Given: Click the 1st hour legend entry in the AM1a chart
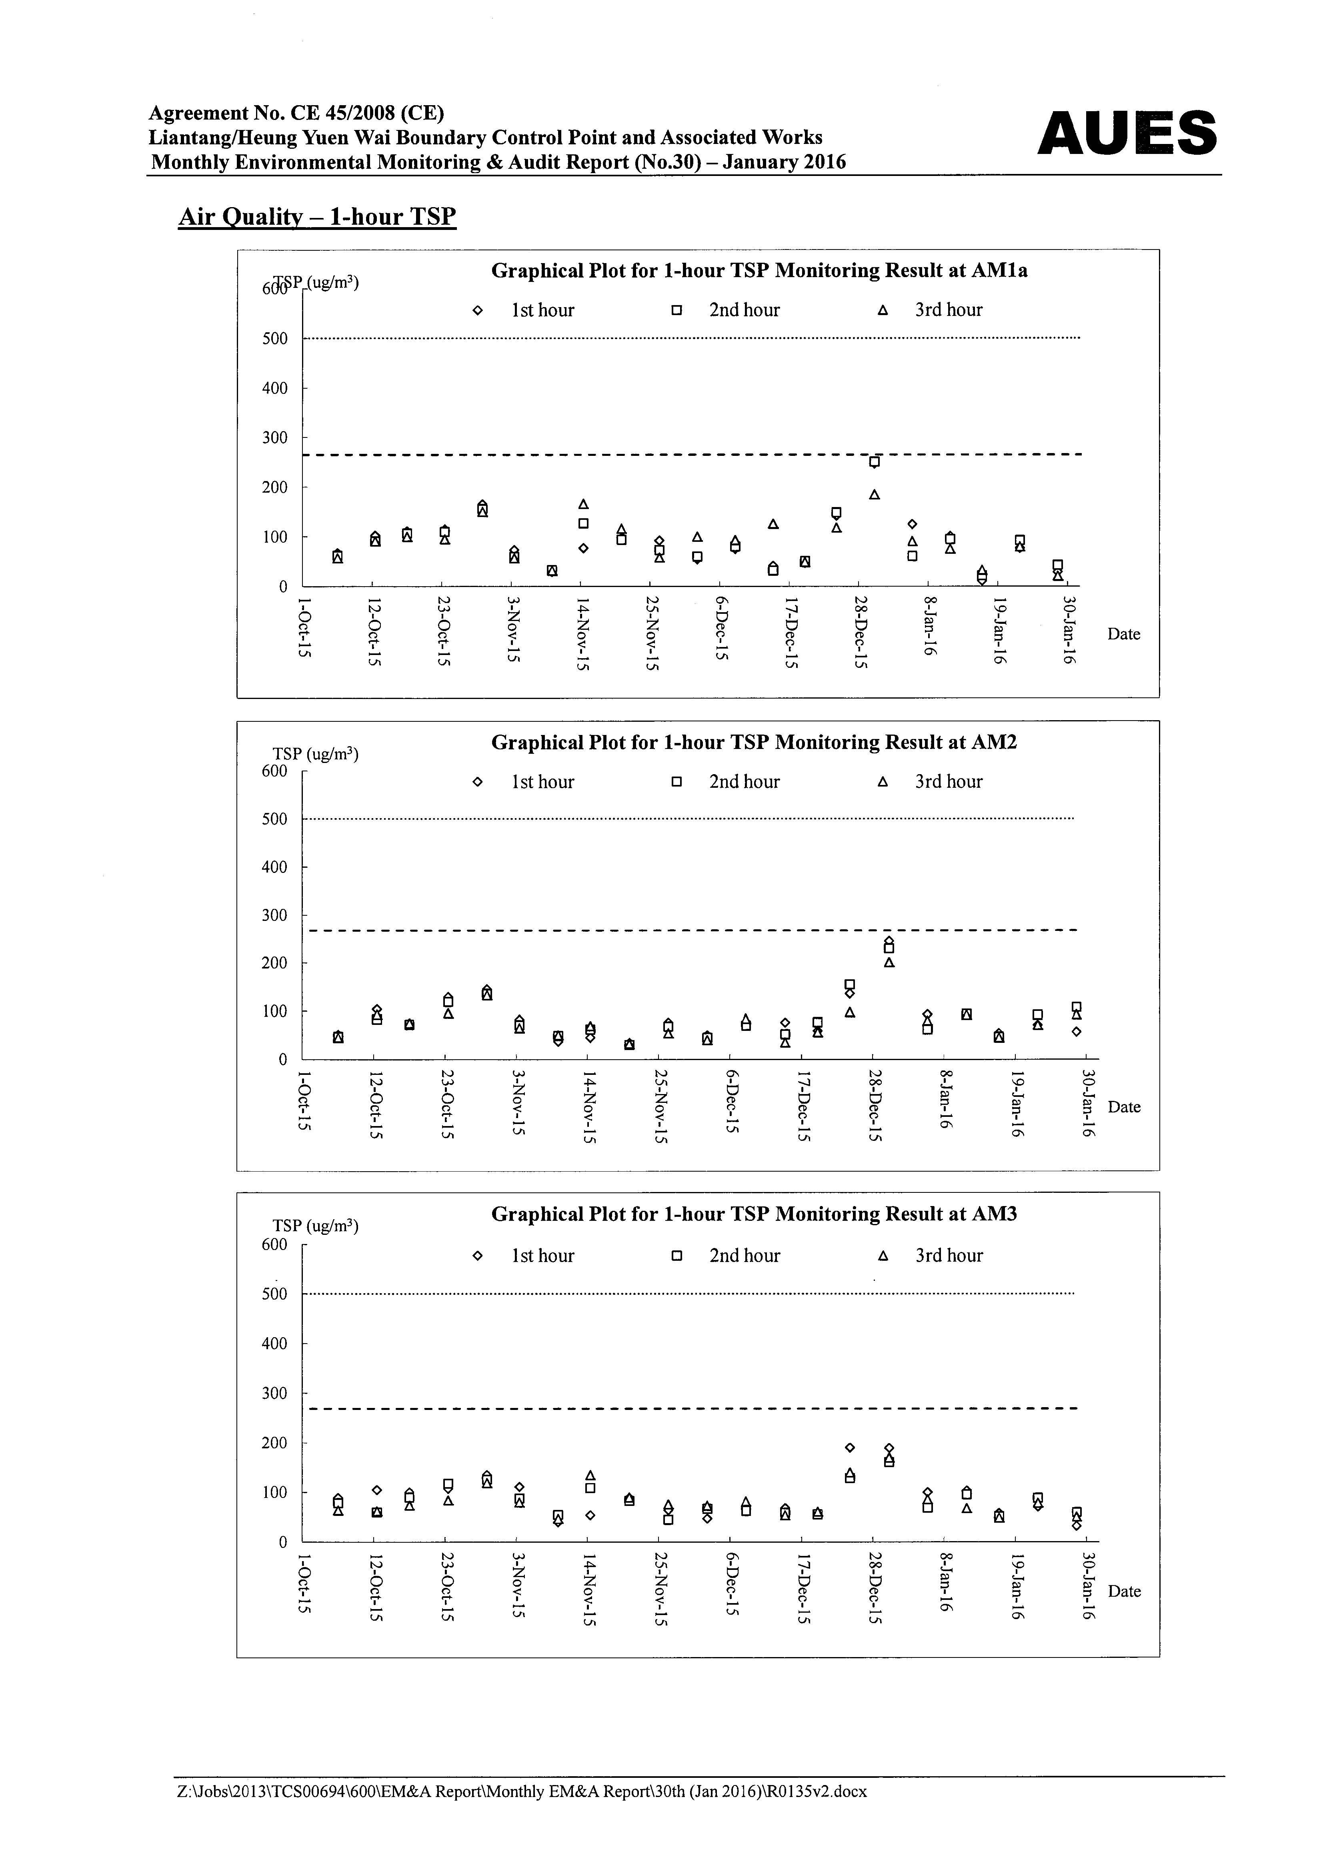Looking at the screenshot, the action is point(524,310).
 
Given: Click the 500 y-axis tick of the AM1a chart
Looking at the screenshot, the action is point(275,338).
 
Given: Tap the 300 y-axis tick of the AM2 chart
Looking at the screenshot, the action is point(275,915).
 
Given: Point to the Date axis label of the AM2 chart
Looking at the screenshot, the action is point(1124,1107).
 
